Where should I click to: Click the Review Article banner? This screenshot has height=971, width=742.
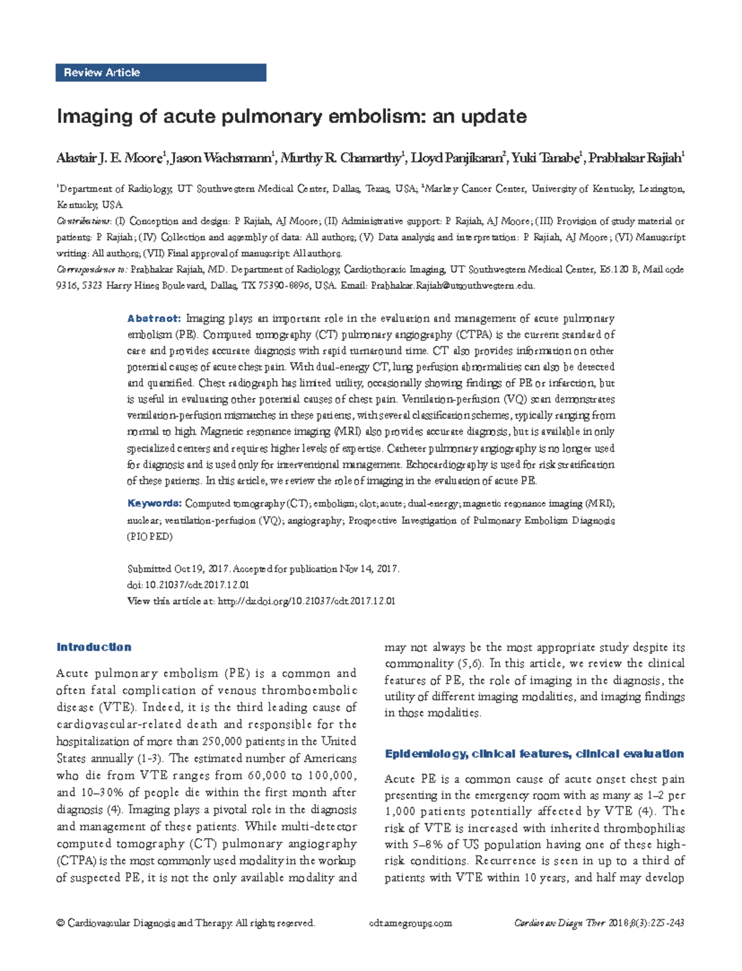[x=161, y=72]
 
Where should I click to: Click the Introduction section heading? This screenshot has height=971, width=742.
[x=94, y=647]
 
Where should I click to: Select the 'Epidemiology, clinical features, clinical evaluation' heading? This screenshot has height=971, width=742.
[x=534, y=753]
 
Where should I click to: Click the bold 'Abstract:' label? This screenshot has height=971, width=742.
[x=154, y=319]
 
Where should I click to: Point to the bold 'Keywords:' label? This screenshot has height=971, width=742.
[x=155, y=504]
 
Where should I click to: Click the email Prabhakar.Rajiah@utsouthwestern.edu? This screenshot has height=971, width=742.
[x=452, y=286]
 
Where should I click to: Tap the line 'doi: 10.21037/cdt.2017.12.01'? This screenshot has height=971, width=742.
[x=188, y=585]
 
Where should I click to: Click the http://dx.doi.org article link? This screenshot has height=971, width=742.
[x=306, y=601]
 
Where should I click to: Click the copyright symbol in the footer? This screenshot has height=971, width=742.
[x=60, y=923]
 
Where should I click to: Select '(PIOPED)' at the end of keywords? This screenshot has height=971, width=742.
[x=150, y=536]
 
